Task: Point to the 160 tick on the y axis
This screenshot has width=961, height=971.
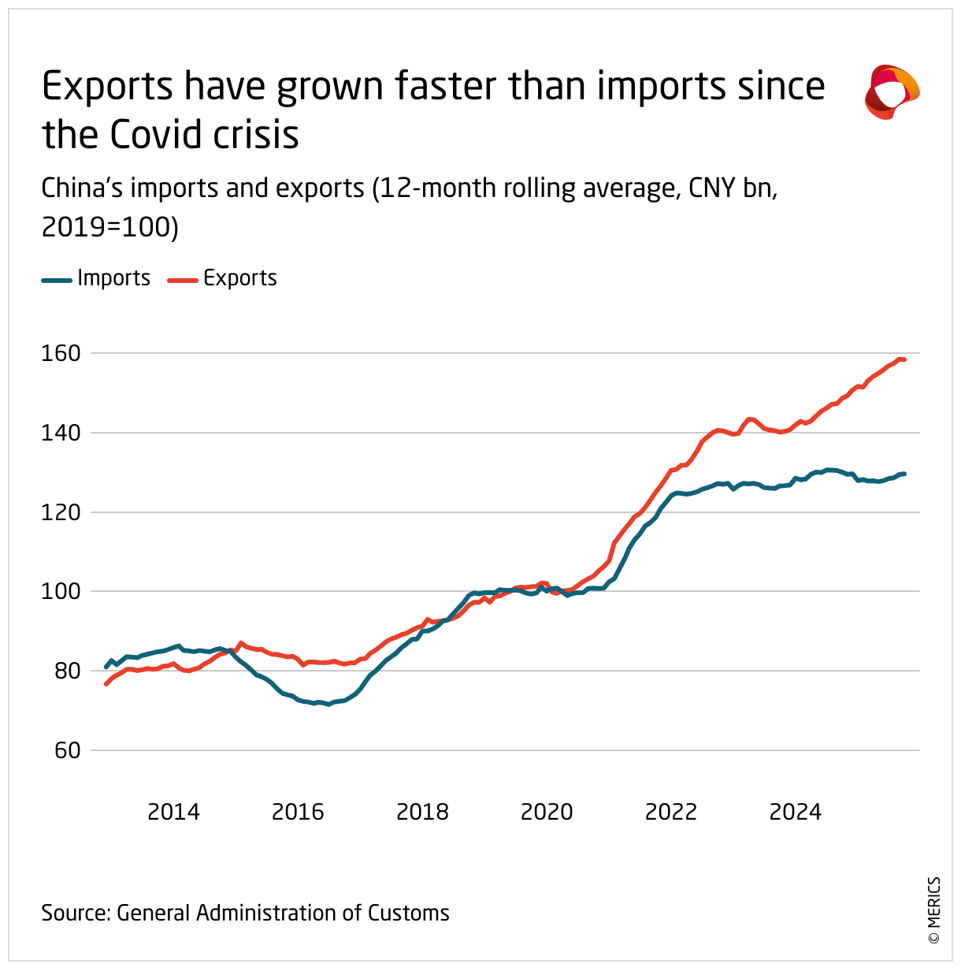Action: [61, 353]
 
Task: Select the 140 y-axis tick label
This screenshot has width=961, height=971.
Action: [61, 433]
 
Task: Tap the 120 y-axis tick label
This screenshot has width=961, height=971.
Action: [61, 512]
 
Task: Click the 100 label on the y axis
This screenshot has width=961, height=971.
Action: [61, 591]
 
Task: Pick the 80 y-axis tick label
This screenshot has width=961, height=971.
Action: [67, 671]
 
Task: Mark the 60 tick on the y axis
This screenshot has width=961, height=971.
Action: [67, 750]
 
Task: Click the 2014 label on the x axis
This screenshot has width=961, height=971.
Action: [173, 812]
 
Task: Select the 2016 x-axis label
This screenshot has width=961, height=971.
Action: [298, 812]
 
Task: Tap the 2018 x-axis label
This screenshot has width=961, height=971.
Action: [422, 812]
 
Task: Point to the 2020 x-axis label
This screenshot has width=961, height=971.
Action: [547, 812]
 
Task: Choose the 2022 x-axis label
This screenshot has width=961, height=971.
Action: [671, 812]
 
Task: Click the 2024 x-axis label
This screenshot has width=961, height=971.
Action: [796, 812]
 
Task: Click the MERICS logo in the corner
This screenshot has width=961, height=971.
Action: [892, 92]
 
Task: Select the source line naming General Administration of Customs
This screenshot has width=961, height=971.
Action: [245, 913]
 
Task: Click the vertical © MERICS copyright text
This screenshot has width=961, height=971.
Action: [934, 910]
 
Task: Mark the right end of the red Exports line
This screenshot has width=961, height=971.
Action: [904, 359]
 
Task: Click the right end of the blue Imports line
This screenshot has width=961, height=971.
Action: [904, 474]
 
